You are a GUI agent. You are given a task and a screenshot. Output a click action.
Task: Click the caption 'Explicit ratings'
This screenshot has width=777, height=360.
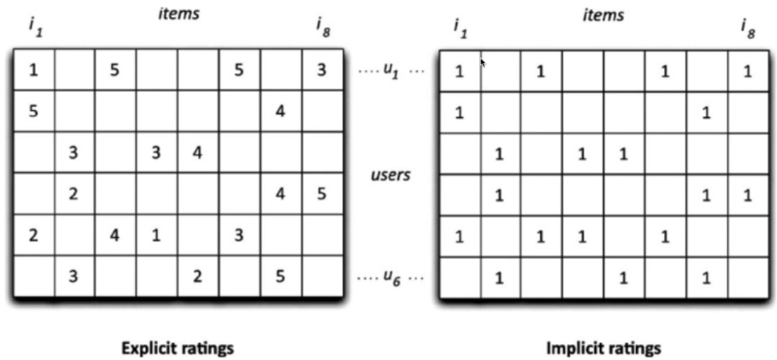pos(177,348)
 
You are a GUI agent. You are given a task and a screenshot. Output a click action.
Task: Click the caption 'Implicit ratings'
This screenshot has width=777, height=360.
pos(603,348)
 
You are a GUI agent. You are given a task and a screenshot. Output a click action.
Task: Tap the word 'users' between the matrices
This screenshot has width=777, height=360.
pos(390,175)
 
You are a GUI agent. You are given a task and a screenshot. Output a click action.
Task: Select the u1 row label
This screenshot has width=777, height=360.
pos(390,70)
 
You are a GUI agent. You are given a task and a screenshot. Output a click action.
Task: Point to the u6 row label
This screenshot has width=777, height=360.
pos(390,275)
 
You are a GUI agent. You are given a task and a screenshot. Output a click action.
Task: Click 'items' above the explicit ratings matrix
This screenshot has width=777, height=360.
pos(178,13)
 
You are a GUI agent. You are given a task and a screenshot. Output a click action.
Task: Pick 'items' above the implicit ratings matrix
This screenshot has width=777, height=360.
pos(603,15)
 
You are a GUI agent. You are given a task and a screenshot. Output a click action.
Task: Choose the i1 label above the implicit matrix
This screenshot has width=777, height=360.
pos(460,29)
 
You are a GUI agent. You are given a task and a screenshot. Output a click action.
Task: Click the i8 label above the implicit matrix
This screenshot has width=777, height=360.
pos(748,29)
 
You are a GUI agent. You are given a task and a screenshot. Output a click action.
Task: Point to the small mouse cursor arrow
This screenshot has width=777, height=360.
pos(483,62)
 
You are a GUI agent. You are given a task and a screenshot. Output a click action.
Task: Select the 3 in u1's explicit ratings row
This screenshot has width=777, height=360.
pos(321,70)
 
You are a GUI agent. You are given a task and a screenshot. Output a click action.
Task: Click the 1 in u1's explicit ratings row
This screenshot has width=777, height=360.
pos(33,70)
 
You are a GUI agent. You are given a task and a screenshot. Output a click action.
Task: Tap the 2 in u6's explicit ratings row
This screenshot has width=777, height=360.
pos(197,276)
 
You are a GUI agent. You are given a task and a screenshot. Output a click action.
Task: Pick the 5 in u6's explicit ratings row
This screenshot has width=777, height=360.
pos(280,276)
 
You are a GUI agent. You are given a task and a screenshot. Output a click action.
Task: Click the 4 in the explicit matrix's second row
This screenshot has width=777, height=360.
pos(280,112)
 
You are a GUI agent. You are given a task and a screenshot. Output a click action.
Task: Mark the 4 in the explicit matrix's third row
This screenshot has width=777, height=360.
pos(197,153)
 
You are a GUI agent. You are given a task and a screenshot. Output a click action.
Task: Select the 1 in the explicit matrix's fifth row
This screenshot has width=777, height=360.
pos(156,235)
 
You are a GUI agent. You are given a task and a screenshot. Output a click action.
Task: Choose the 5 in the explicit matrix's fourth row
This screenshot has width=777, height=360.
pos(321,194)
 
